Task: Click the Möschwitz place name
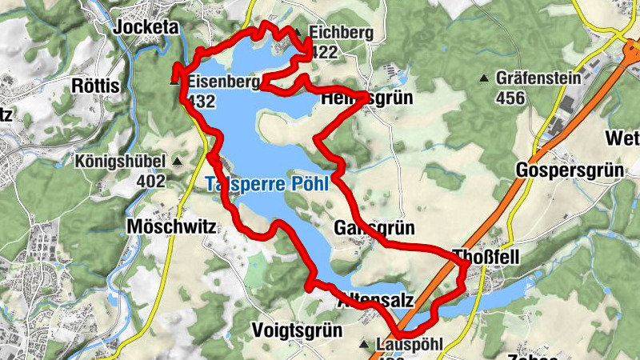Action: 172,227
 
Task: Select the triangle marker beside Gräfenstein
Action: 483,78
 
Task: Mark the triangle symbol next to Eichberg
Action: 298,33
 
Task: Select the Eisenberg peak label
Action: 225,82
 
